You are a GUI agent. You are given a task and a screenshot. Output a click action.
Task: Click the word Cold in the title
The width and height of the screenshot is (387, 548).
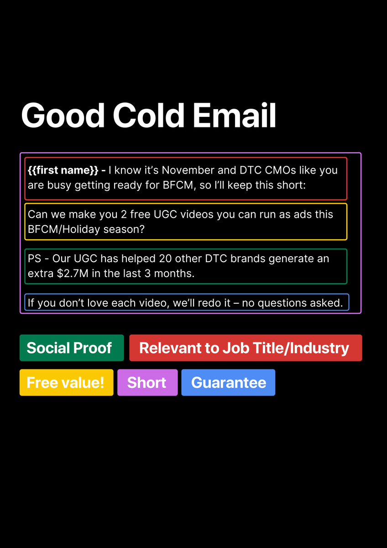(148, 115)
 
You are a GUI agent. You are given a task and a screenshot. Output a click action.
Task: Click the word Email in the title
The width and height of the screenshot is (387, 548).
(235, 115)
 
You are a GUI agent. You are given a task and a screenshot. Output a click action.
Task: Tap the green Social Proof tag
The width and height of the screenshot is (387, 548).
(72, 348)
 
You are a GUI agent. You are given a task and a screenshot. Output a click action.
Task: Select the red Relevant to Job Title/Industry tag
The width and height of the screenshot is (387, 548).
(246, 348)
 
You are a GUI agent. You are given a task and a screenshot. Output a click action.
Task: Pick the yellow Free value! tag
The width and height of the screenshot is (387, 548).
(67, 382)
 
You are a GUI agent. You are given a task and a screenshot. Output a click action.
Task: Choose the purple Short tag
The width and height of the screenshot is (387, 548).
(147, 382)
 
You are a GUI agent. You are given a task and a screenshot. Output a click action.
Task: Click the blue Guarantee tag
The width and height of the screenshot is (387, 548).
(228, 382)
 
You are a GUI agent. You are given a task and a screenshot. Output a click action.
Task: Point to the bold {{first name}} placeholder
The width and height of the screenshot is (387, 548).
(63, 170)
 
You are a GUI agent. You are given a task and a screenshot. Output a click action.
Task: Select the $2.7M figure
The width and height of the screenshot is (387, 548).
(73, 274)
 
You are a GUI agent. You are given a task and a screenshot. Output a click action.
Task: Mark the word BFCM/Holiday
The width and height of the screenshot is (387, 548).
(64, 229)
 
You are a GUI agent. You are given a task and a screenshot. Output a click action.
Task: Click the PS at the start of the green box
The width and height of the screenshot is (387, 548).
(35, 258)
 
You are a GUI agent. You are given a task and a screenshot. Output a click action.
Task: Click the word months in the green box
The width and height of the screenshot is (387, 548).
(174, 274)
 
